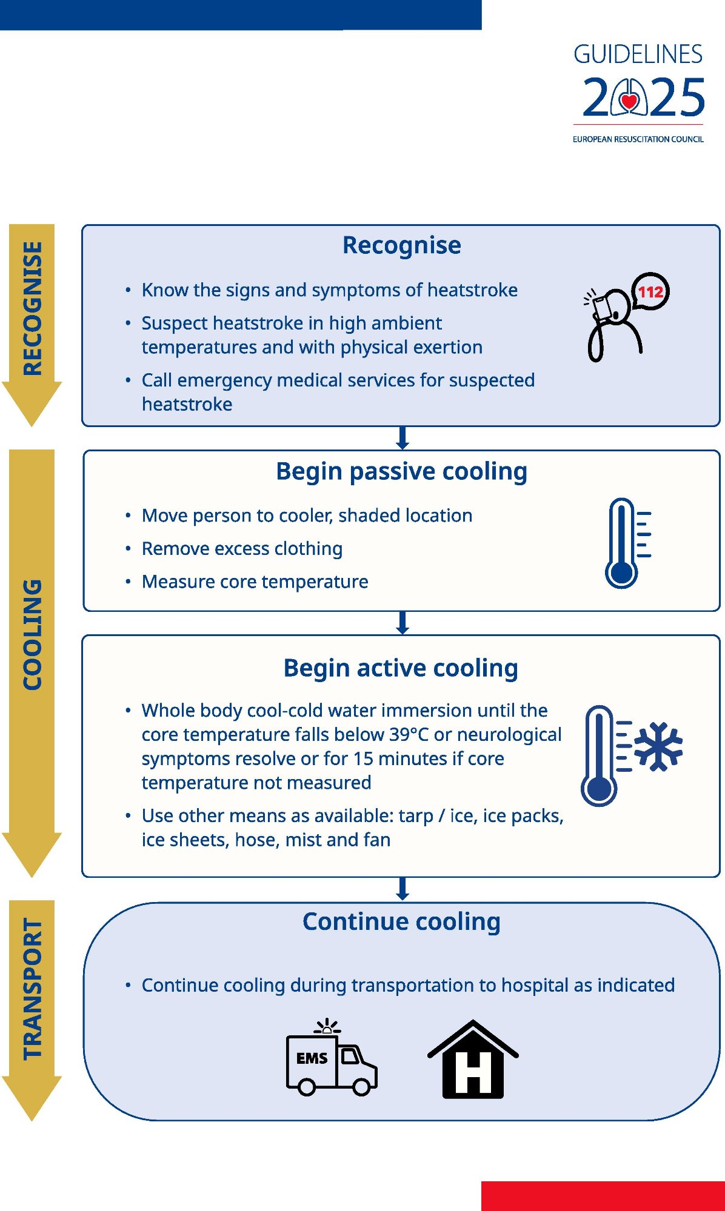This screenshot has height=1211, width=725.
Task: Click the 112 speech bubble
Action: [x=650, y=292]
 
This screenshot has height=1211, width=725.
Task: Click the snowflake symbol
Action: [x=658, y=746]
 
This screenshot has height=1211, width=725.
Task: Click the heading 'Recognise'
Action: [x=401, y=245]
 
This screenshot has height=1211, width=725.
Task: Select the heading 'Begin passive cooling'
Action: [x=401, y=471]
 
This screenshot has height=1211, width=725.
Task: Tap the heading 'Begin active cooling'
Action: [x=401, y=668]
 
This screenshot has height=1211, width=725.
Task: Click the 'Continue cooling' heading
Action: [x=401, y=921]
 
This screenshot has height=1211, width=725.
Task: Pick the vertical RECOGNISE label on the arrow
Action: [x=32, y=308]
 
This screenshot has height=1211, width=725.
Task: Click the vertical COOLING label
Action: [x=32, y=634]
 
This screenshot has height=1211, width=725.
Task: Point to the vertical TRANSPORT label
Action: [x=32, y=989]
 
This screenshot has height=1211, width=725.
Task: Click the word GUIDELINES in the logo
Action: [x=638, y=55]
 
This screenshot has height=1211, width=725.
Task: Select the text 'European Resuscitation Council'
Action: [x=638, y=139]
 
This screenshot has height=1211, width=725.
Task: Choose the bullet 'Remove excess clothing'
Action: [x=242, y=549]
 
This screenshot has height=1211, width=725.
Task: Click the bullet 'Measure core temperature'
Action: [x=255, y=582]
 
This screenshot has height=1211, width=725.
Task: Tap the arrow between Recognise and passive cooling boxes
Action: [x=403, y=437]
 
